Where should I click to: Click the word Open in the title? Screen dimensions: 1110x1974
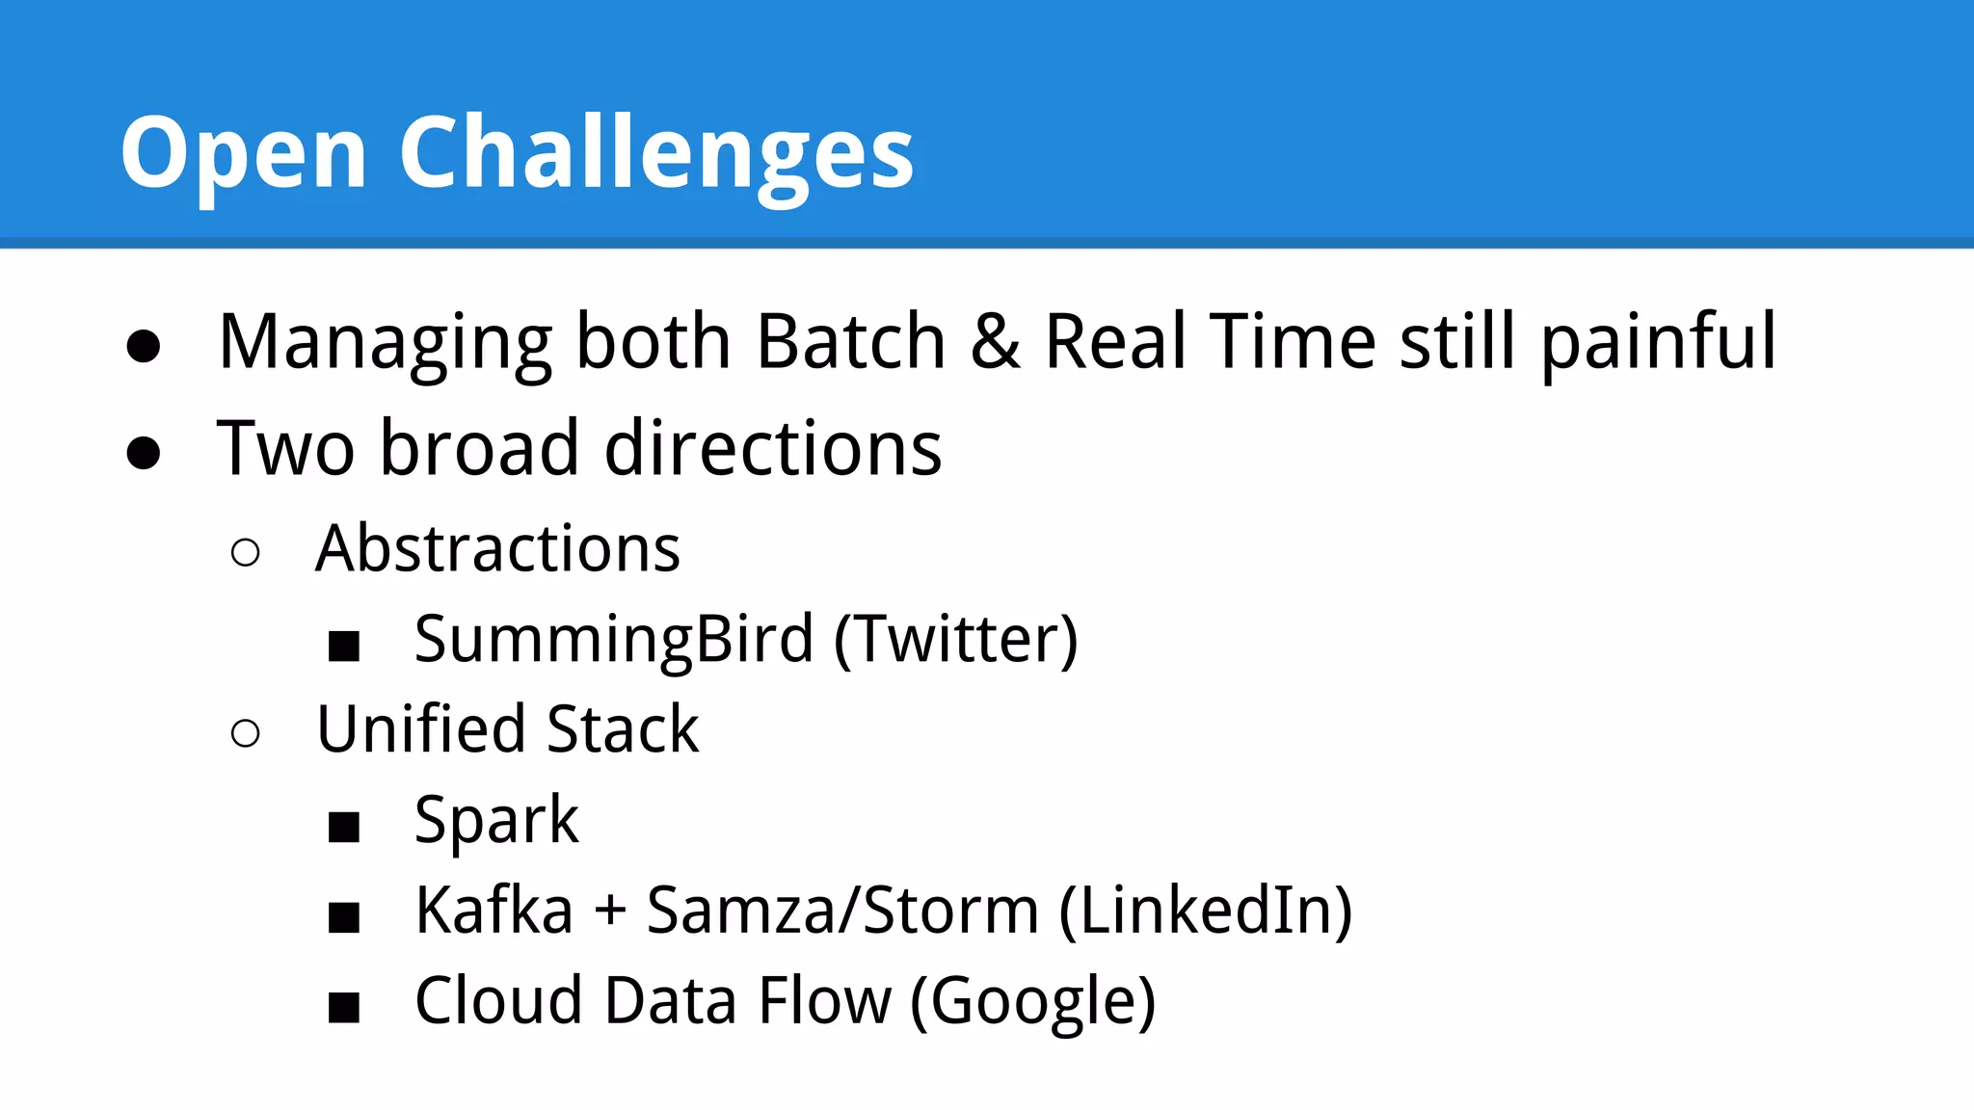(x=243, y=154)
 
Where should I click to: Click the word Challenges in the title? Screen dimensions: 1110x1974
(x=655, y=154)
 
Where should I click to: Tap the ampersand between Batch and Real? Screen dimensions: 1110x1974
(x=995, y=342)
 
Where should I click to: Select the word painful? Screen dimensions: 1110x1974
(x=1658, y=344)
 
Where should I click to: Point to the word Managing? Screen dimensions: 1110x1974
(x=385, y=344)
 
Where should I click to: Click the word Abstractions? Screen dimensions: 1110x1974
(x=497, y=549)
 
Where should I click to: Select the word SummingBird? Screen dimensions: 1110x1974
(x=614, y=640)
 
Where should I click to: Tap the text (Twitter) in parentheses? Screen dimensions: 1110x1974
(x=955, y=640)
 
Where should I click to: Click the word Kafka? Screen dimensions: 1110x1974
(x=493, y=911)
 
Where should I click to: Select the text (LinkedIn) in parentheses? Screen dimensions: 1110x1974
(x=1206, y=911)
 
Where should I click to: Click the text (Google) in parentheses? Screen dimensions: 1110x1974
(x=1032, y=1002)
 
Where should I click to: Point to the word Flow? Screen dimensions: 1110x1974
(x=824, y=1001)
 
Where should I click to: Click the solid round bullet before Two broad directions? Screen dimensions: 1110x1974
(x=144, y=452)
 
